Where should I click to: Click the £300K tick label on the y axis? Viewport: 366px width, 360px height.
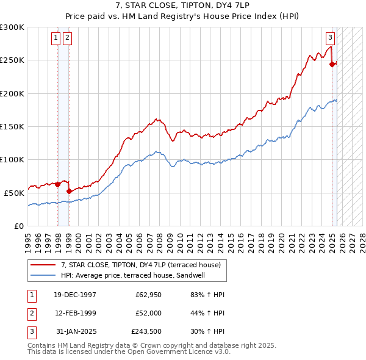pyautogui.click(x=12, y=27)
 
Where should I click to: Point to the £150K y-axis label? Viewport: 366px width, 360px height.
pyautogui.click(x=12, y=126)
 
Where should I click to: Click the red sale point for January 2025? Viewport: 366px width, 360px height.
pyautogui.click(x=332, y=64)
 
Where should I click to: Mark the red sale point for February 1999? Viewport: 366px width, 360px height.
pyautogui.click(x=69, y=192)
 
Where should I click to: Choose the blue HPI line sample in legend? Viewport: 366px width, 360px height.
pyautogui.click(x=43, y=275)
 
